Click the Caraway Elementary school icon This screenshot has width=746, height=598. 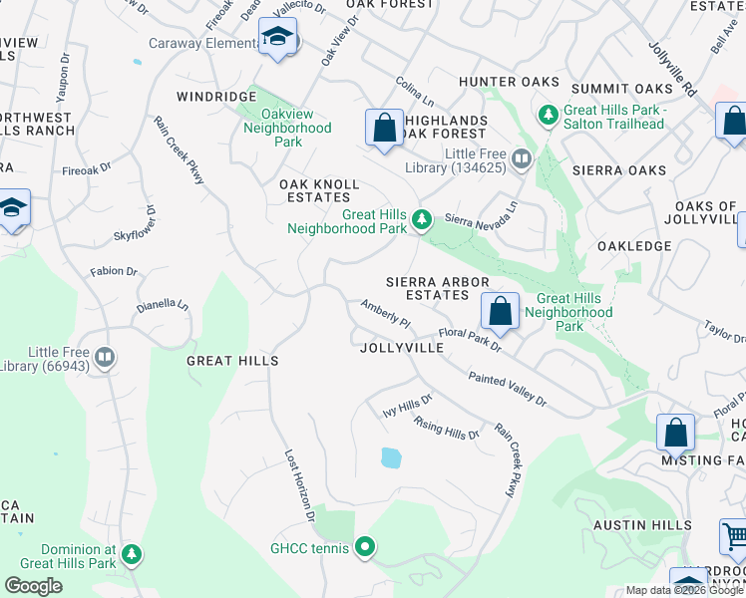tap(277, 39)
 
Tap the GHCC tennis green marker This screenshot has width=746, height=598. tap(365, 546)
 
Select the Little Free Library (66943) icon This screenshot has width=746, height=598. tap(105, 356)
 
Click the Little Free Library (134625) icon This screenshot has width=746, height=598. tap(520, 158)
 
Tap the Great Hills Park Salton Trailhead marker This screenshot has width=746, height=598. tap(548, 116)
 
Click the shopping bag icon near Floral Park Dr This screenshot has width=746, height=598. tap(500, 310)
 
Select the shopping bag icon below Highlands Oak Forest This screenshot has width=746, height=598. tap(384, 128)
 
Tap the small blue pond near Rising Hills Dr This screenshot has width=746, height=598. tap(391, 457)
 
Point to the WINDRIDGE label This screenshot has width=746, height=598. tap(216, 96)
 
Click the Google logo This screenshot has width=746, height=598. tap(34, 586)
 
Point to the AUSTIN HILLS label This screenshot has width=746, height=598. tap(642, 525)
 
